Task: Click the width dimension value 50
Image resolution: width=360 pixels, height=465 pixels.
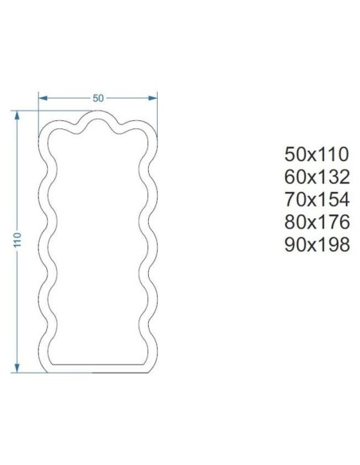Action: (x=98, y=98)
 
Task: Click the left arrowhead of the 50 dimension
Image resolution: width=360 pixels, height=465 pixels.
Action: (x=43, y=98)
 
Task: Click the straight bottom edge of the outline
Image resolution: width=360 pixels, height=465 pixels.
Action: (x=97, y=371)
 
